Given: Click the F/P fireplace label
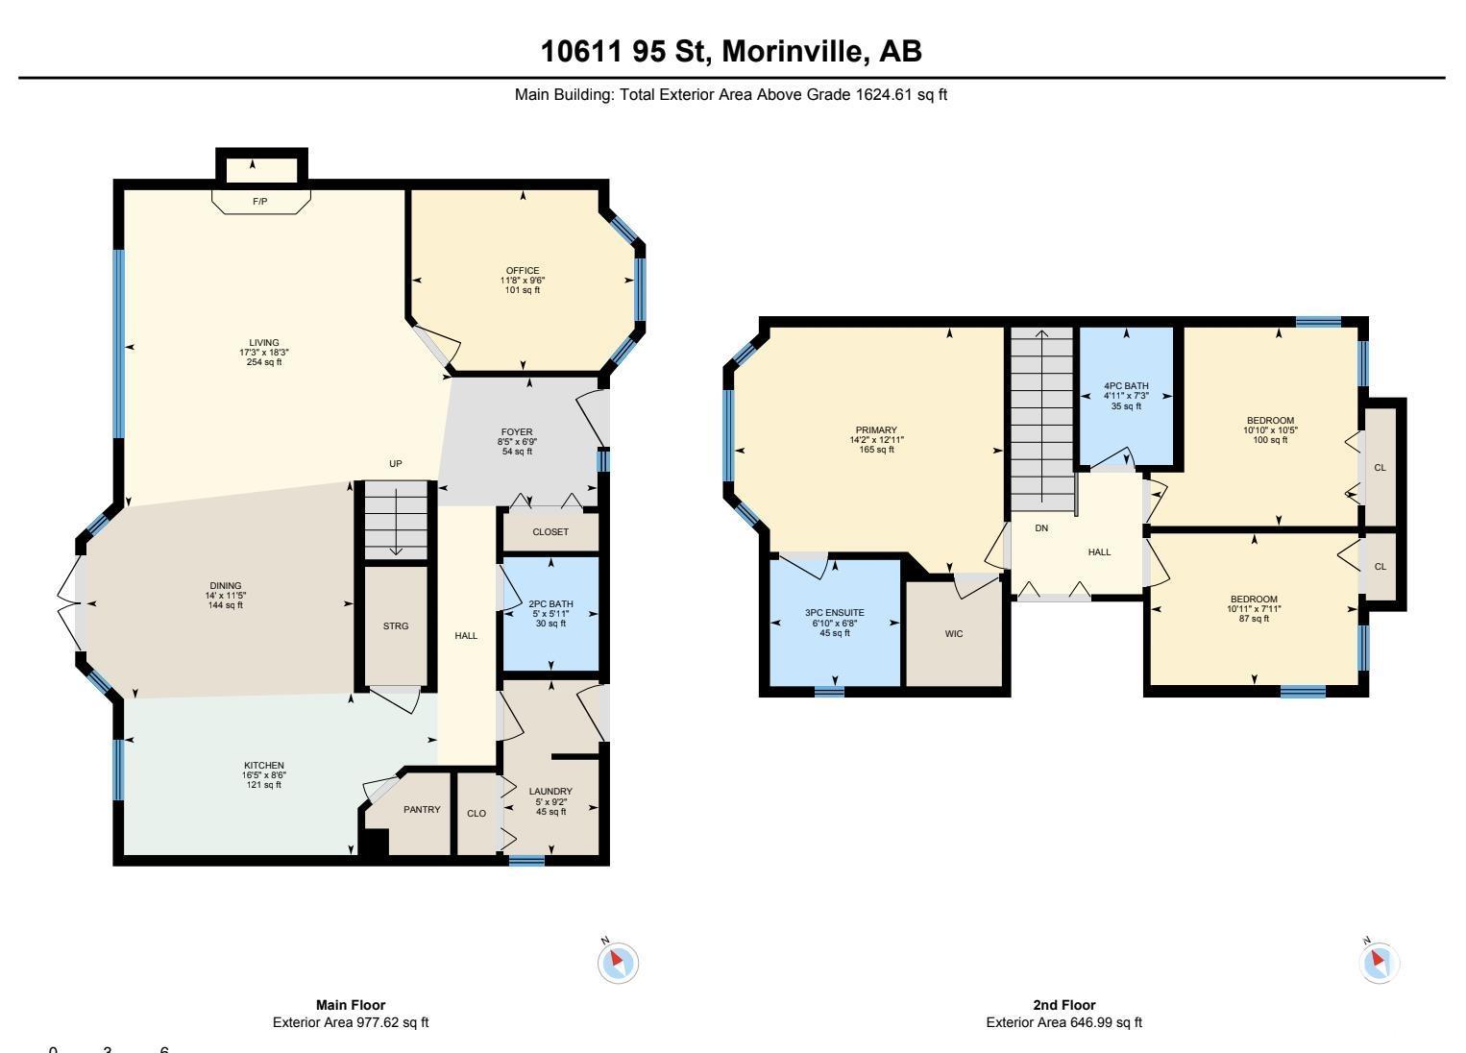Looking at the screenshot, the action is [259, 202].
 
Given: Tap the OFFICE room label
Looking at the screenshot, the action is [523, 270].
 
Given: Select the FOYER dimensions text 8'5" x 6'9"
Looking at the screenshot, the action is [517, 442].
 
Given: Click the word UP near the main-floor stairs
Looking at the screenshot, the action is [395, 463].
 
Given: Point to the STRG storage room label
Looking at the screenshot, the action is [395, 626].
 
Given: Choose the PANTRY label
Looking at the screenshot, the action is [422, 810].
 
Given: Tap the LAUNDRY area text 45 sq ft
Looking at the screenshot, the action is [551, 812].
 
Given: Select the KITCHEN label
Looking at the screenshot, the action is [264, 765].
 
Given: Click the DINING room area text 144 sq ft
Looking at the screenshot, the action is [225, 605].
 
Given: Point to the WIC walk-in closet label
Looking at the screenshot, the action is [954, 633].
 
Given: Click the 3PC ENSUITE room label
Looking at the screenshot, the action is [835, 613].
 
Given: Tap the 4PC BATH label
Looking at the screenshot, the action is [1126, 386].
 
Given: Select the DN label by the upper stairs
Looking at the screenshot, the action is [1041, 528].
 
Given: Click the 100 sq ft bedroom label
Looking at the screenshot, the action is [1270, 440].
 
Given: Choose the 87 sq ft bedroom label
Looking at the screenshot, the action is [1254, 619].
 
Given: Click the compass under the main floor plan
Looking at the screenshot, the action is [618, 962].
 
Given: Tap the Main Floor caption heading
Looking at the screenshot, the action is [351, 1005].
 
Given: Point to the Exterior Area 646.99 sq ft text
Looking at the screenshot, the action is [1064, 1022].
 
